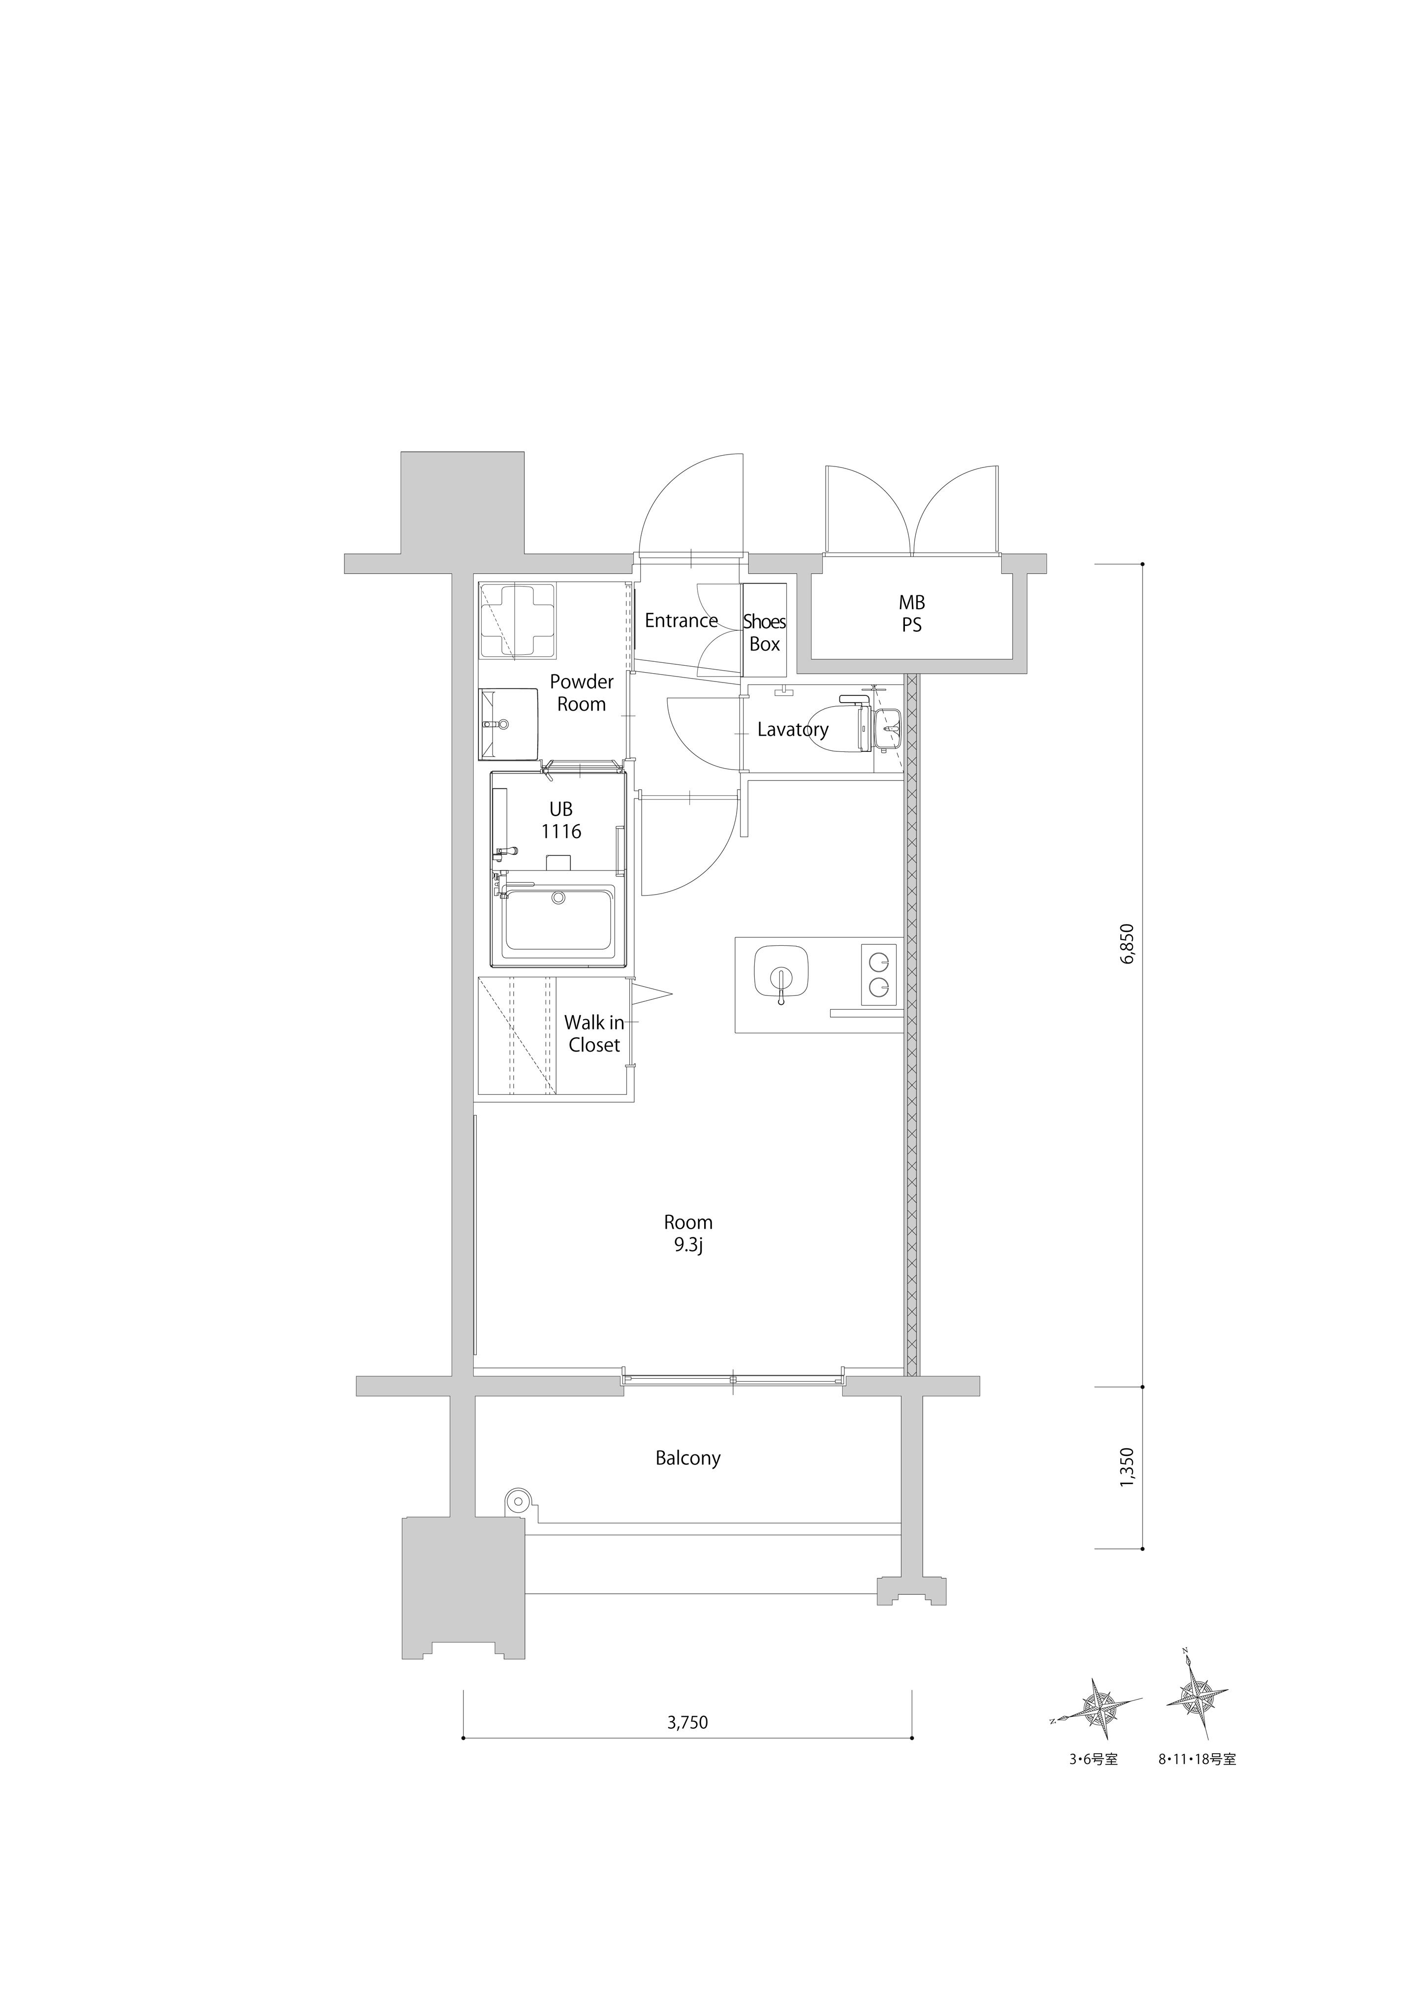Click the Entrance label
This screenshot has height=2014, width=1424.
click(x=681, y=621)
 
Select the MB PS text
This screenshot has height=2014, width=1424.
click(x=912, y=614)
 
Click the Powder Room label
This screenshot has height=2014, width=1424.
click(x=582, y=693)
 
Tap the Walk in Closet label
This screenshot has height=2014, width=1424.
click(x=594, y=1033)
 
